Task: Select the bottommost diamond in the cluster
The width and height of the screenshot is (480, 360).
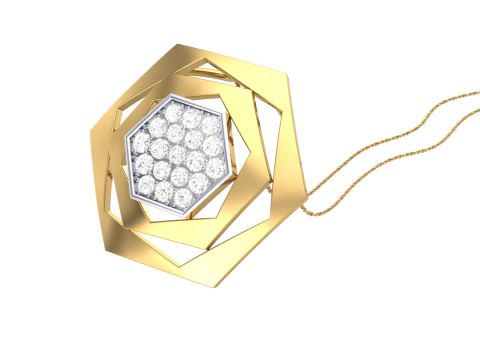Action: tap(180, 198)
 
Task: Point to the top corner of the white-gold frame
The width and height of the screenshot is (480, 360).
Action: tap(183, 96)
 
